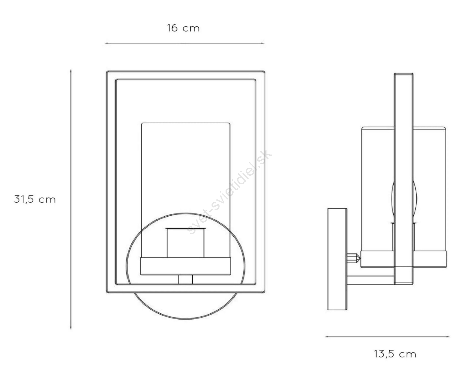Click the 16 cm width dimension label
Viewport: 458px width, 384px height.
183,28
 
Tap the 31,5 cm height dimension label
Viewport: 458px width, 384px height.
35,199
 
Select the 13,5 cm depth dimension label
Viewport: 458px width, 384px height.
395,354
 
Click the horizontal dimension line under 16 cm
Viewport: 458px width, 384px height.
185,43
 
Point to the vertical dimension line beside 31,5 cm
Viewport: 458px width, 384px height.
71,199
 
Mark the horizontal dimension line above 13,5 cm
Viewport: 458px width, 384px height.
387,337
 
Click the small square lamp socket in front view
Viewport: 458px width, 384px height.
185,243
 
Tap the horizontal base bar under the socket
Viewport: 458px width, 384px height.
185,266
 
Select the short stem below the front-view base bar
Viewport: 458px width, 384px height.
185,279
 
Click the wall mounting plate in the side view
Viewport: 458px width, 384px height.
337,259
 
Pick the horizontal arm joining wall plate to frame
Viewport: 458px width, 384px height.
371,280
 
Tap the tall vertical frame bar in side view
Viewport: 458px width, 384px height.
404,179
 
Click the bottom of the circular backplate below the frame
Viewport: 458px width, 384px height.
185,318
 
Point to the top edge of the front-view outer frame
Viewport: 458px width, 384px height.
185,72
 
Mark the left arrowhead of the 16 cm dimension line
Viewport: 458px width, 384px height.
106,43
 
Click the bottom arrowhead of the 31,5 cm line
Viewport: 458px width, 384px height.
71,328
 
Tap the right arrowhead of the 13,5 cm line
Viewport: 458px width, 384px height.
449,337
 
